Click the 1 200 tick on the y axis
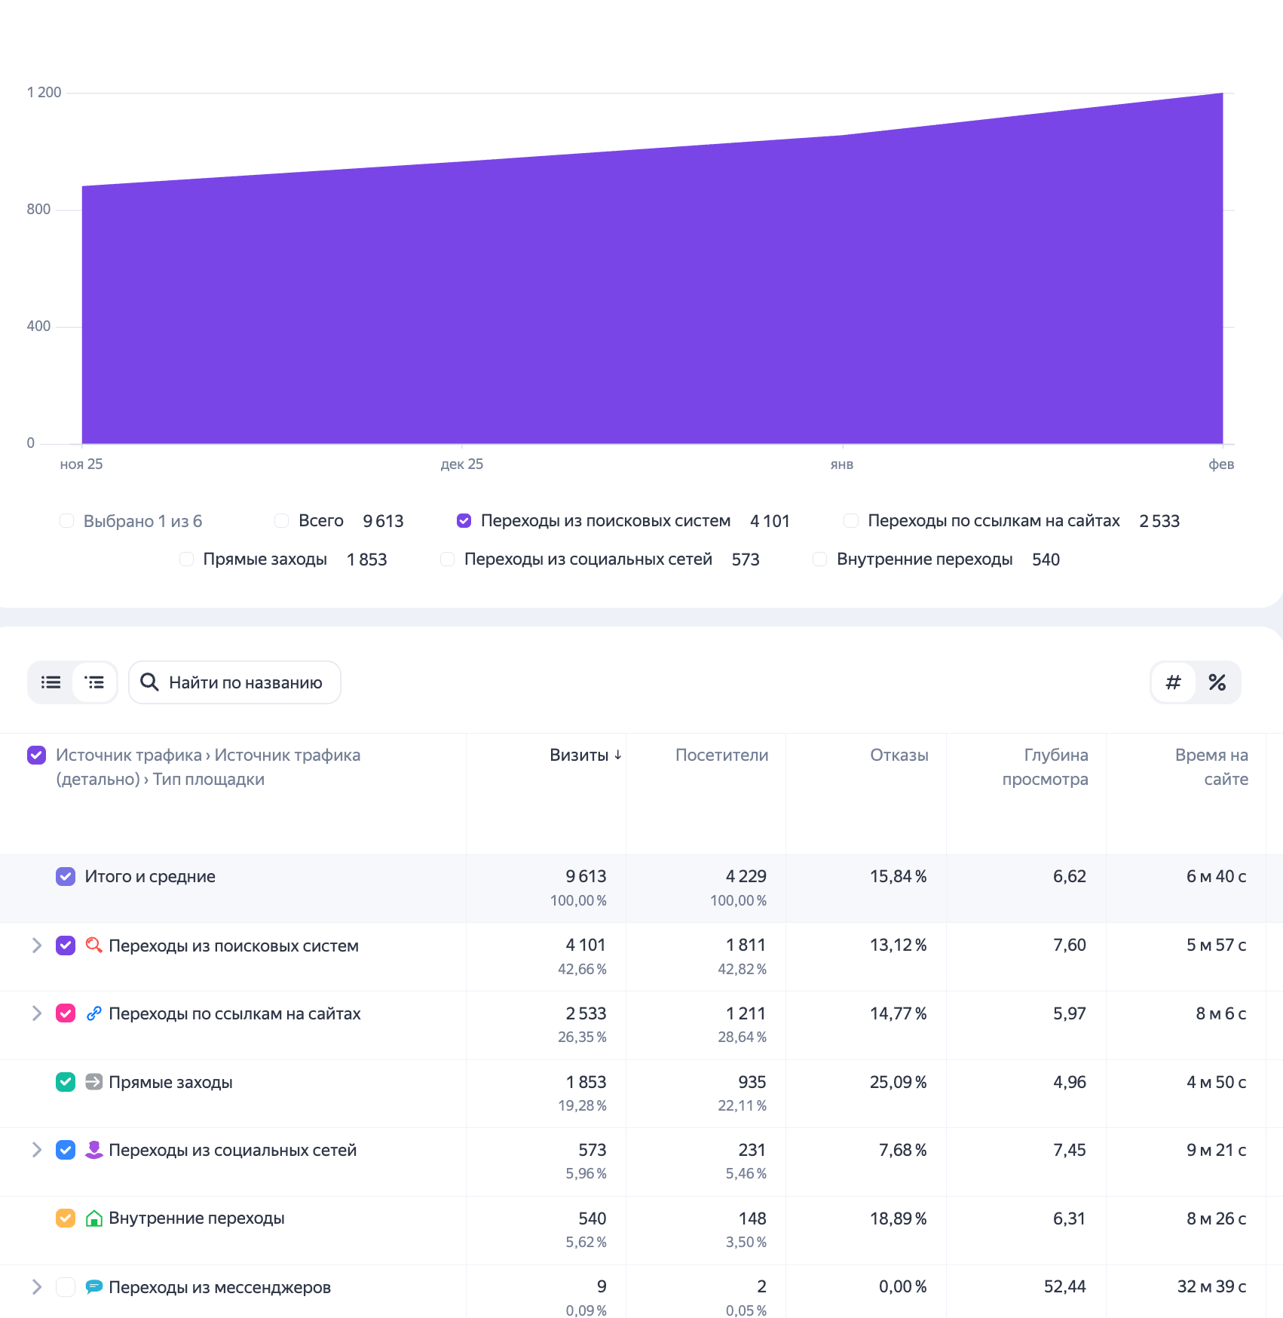(x=44, y=92)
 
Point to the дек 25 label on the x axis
(x=461, y=464)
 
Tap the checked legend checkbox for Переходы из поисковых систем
(x=464, y=521)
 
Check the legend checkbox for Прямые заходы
(x=186, y=559)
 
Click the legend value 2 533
(x=1159, y=521)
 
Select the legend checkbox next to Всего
(x=282, y=521)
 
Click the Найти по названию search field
(x=235, y=682)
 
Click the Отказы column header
(x=899, y=756)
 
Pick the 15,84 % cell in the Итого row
(x=898, y=876)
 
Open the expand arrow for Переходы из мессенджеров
(x=36, y=1287)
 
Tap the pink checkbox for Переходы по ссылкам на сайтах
(x=66, y=1013)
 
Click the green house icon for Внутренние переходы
(x=93, y=1218)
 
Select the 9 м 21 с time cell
(x=1215, y=1150)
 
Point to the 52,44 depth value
(x=1064, y=1287)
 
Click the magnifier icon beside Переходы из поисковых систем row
(x=93, y=945)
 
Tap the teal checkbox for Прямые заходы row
(x=66, y=1082)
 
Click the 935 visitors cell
(x=752, y=1082)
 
